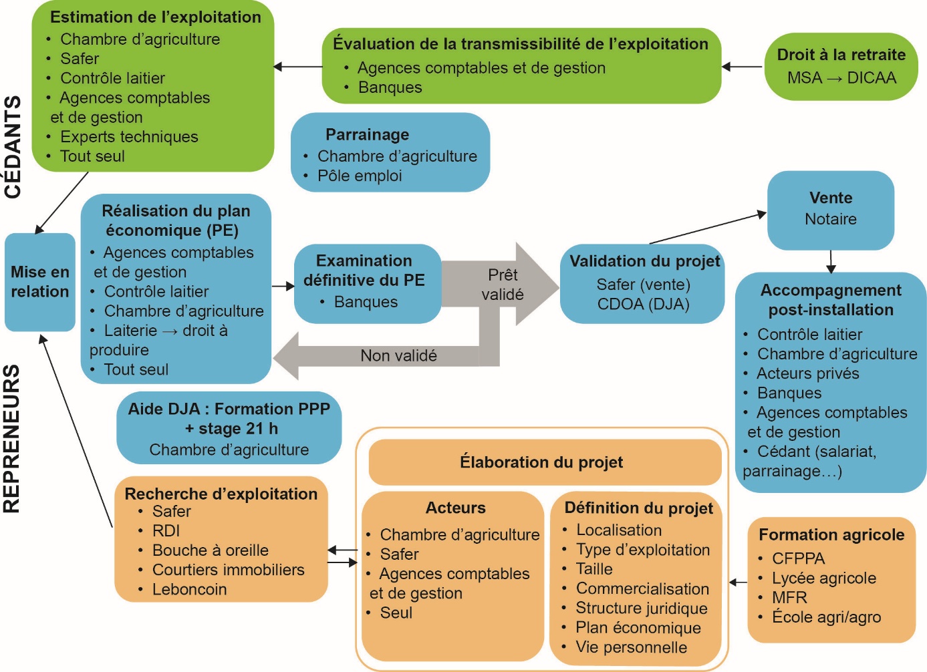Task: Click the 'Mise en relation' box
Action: (x=40, y=282)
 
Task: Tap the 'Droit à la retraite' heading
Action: (x=841, y=55)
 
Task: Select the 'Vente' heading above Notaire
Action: (x=831, y=198)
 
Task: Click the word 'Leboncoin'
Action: (x=189, y=590)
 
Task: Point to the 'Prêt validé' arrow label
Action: (x=503, y=285)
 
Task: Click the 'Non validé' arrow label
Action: (x=398, y=356)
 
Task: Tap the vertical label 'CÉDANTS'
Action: (x=13, y=147)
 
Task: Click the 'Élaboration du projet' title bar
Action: (x=541, y=462)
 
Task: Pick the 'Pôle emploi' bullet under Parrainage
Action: (x=360, y=176)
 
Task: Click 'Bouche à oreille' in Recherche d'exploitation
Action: (x=210, y=550)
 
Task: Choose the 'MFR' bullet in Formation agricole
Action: (x=789, y=598)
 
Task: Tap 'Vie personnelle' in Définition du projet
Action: (x=631, y=647)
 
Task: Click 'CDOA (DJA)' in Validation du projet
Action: (x=643, y=304)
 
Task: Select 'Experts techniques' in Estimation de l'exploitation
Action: (x=129, y=137)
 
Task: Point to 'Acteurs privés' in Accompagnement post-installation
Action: (x=807, y=373)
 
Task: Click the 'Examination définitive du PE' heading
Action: (x=364, y=271)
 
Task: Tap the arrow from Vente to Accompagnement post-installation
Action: (x=831, y=261)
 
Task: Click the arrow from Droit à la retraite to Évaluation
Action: (x=743, y=67)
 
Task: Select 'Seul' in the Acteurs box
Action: (x=396, y=613)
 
